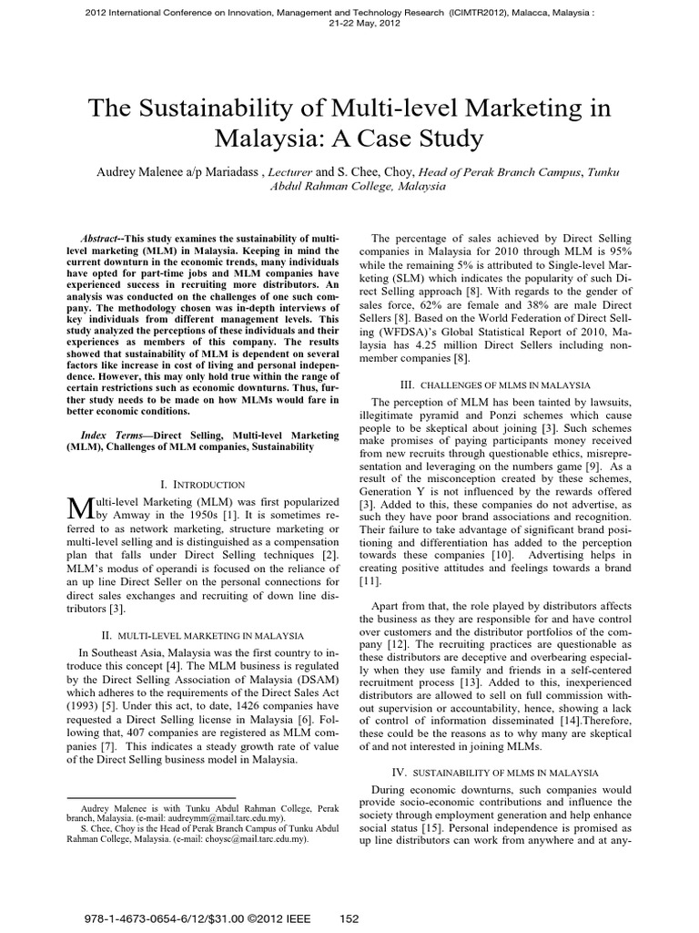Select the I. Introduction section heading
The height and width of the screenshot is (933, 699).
202,485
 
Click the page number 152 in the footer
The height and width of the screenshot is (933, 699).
350,918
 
